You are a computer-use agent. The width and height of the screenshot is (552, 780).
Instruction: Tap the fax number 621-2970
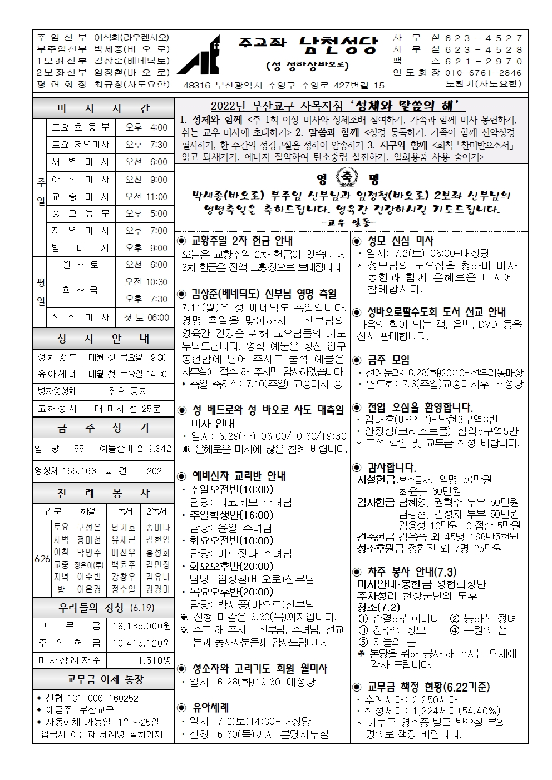pos(481,61)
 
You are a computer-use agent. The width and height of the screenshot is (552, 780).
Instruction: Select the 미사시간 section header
pos(103,108)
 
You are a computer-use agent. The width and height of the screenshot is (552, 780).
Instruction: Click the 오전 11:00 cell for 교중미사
pos(146,197)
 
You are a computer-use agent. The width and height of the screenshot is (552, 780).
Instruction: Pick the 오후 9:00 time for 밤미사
pos(146,248)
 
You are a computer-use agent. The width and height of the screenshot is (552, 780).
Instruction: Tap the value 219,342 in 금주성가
pos(154,448)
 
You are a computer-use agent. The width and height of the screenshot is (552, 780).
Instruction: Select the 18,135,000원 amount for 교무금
pos(141,626)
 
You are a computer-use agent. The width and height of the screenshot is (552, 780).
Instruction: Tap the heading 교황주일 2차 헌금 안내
pos(242,241)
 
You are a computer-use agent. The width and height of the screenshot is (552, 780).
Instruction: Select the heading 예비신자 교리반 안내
pos(239,476)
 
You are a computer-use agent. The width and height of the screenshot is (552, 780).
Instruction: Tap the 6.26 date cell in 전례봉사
pos(42,559)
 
